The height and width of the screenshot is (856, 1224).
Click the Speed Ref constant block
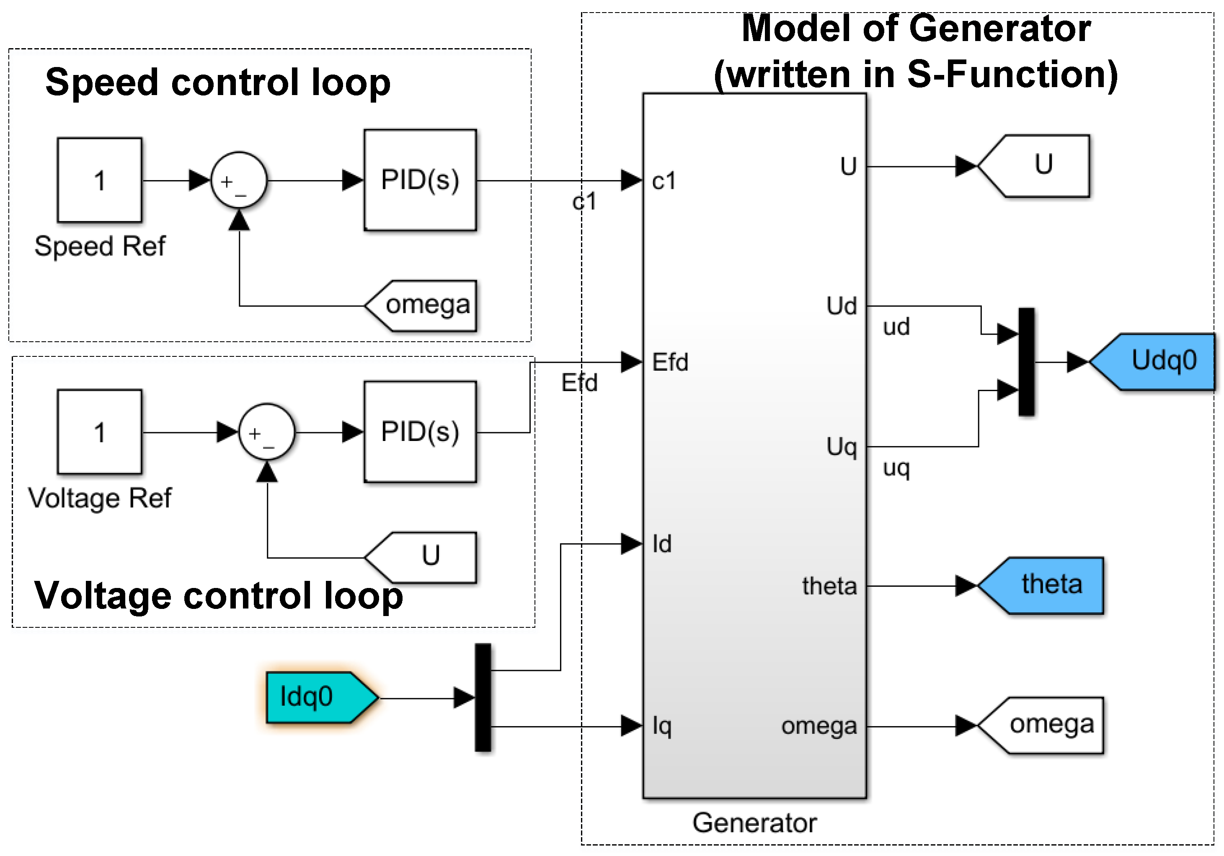pos(100,180)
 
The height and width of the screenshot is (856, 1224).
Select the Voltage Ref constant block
pos(100,432)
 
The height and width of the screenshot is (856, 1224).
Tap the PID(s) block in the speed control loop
pos(420,180)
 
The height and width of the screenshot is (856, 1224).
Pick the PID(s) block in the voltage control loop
pos(420,432)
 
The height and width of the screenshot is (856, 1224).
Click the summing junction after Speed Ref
pos(239,180)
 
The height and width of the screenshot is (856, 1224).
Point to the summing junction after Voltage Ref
pos(266,432)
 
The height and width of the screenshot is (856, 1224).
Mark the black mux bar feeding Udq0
pos(1026,362)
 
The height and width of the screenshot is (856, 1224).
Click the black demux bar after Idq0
pos(483,697)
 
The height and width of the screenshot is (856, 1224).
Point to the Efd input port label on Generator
pos(670,362)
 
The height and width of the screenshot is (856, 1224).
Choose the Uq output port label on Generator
pos(841,447)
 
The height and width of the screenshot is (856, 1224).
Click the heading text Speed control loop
pos(217,83)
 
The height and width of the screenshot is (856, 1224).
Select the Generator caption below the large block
pos(754,822)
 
